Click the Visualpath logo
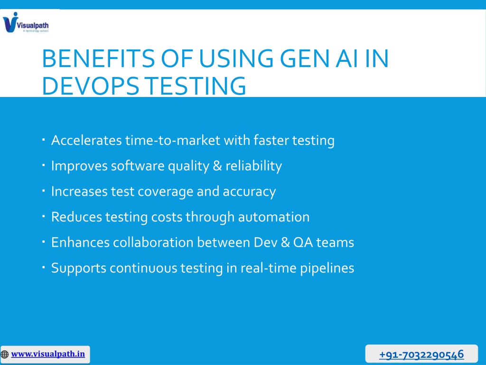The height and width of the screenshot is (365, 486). pyautogui.click(x=26, y=22)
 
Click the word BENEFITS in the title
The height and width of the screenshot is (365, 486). pyautogui.click(x=98, y=58)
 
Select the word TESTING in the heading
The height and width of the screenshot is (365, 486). pyautogui.click(x=196, y=86)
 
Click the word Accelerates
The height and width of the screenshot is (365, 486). pyautogui.click(x=86, y=140)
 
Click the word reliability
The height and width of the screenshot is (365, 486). pyautogui.click(x=253, y=166)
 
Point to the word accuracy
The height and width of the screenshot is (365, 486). pyautogui.click(x=249, y=192)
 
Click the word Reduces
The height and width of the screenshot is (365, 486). pyautogui.click(x=76, y=217)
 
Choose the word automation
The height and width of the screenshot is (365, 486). pyautogui.click(x=274, y=217)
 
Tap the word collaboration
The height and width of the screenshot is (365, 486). pyautogui.click(x=153, y=242)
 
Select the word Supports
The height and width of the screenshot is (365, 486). pyautogui.click(x=79, y=268)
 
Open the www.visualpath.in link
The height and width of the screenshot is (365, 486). pyautogui.click(x=48, y=354)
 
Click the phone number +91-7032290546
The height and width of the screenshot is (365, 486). pyautogui.click(x=421, y=355)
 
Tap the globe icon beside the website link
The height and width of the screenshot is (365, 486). pyautogui.click(x=5, y=355)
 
